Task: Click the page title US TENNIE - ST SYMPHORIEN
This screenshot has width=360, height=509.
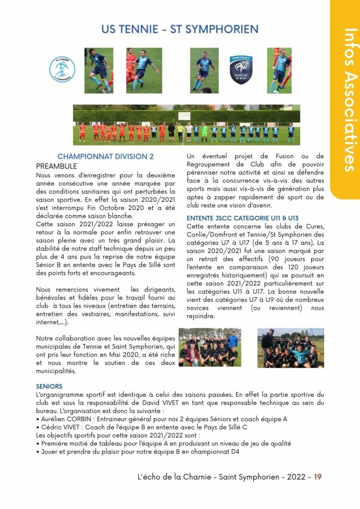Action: coord(180,29)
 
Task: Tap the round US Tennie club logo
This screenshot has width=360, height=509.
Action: coord(62,70)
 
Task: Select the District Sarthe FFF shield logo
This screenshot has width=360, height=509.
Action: coord(241,70)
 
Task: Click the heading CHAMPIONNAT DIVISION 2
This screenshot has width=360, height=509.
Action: coord(105,157)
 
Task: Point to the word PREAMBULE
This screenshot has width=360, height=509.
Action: coord(56,166)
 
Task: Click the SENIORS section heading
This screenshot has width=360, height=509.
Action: coord(49,386)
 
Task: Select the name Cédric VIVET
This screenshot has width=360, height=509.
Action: coord(61,427)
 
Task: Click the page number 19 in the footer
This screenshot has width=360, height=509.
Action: coord(318,477)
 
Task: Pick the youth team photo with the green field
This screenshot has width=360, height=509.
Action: coord(209,347)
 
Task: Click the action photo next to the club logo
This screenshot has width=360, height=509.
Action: coord(98,70)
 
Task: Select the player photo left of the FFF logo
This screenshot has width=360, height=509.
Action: coord(204,70)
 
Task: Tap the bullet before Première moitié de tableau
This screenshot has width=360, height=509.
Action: coord(38,443)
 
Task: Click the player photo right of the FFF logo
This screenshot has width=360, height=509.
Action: coord(279,70)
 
